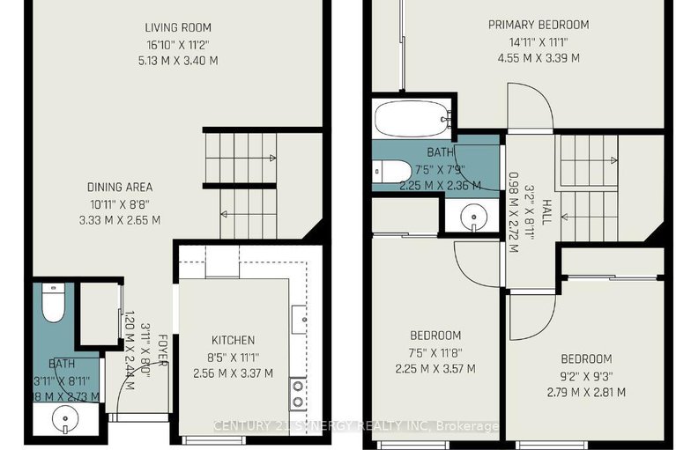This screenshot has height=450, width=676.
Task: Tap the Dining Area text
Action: coord(120,187)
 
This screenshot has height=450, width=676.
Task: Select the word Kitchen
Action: coord(233,340)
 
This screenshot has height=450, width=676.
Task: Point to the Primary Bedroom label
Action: coord(538,25)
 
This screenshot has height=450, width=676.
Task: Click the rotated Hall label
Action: coord(546,210)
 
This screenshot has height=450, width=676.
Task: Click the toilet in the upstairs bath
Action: coord(392,170)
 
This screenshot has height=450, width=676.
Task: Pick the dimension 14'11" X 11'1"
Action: coord(538,41)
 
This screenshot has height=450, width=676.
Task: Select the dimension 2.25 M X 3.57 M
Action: coord(435,368)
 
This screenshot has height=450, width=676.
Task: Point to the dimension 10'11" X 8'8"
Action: coord(120,203)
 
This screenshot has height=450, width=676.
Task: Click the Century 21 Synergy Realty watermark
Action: coord(356,426)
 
